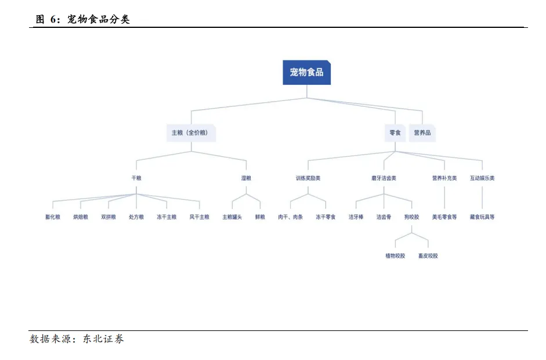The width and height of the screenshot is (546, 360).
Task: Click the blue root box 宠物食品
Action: pyautogui.click(x=306, y=73)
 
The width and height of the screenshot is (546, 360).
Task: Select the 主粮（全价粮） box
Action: pyautogui.click(x=191, y=133)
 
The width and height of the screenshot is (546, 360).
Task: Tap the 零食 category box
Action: pyautogui.click(x=395, y=133)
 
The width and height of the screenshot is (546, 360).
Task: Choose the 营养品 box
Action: pyautogui.click(x=422, y=133)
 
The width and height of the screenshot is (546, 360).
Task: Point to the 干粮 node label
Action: pyautogui.click(x=136, y=178)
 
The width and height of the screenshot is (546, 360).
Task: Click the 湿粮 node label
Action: pyautogui.click(x=246, y=178)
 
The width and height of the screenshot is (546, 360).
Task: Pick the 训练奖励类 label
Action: pyautogui.click(x=308, y=178)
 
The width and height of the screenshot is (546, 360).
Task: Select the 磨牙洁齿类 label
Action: pyautogui.click(x=384, y=178)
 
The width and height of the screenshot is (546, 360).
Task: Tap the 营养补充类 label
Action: pyautogui.click(x=444, y=178)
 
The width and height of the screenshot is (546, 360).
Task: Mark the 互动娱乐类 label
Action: pyautogui.click(x=482, y=178)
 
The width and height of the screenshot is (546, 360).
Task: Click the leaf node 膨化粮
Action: pyautogui.click(x=53, y=217)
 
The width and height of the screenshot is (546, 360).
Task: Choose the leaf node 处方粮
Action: pyautogui.click(x=136, y=217)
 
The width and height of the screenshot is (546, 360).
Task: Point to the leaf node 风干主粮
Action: pyautogui.click(x=199, y=217)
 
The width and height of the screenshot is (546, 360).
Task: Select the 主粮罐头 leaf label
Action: pyautogui.click(x=232, y=217)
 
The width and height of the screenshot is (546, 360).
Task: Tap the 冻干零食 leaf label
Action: pyautogui.click(x=326, y=217)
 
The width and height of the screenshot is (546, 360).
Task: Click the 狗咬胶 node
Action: pyautogui.click(x=411, y=217)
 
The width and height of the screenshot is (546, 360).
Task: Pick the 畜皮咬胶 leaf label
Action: pyautogui.click(x=428, y=256)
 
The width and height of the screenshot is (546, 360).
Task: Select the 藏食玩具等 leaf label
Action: pyautogui.click(x=482, y=217)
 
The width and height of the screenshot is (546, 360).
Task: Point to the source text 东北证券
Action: pyautogui.click(x=104, y=339)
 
